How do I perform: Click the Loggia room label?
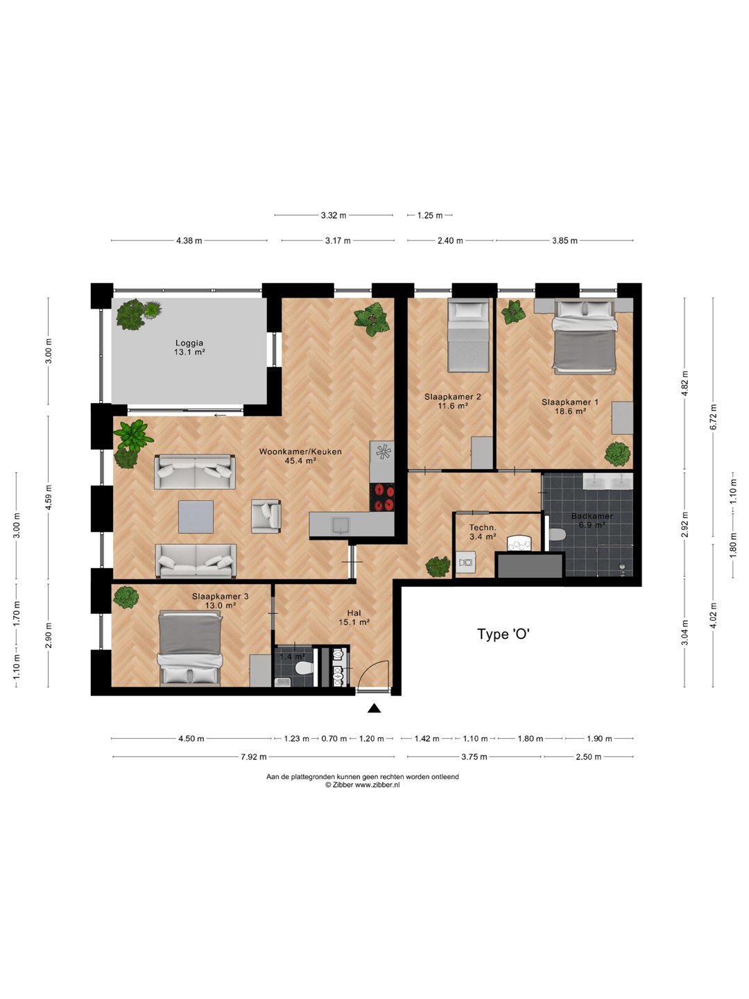coord(189,343)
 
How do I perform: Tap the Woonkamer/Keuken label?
coord(300,452)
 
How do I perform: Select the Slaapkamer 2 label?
coord(452,397)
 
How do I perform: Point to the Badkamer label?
coord(592,516)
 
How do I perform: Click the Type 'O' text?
coord(503,634)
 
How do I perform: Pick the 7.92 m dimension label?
coord(254,757)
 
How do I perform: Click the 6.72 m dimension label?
coord(714,418)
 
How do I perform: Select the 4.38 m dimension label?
coord(189,241)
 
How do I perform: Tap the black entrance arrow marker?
coord(374,708)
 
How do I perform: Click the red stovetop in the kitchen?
coord(382,497)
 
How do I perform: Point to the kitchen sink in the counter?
coord(341,525)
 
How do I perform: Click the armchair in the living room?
coord(266,516)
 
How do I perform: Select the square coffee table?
coord(196,517)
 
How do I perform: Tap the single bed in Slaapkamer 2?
coord(468,335)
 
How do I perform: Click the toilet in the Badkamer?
coord(557,534)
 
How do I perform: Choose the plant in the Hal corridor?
coord(438,567)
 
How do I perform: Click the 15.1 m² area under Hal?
coord(354,622)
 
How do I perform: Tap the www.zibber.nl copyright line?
coord(363,785)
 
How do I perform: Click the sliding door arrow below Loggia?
coord(221,415)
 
